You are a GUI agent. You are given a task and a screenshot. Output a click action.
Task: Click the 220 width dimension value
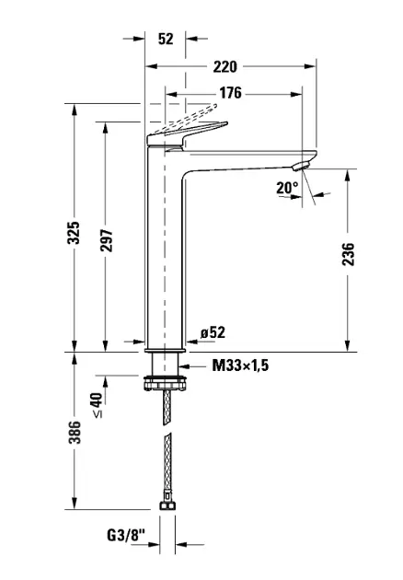(225, 67)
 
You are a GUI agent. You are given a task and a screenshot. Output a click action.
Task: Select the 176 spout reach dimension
(230, 93)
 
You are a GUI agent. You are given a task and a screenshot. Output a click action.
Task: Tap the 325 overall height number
(74, 232)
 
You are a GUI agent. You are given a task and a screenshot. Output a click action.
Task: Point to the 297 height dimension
(106, 240)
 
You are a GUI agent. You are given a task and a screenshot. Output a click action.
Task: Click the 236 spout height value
(348, 254)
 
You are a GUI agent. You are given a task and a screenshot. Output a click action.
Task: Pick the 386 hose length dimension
(74, 432)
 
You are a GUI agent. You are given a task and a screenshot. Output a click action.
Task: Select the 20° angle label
(287, 189)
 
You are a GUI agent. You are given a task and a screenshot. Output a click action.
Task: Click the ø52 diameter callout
(213, 332)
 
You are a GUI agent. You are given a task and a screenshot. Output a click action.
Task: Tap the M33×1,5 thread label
(240, 365)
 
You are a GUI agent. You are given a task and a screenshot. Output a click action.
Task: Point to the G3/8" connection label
(126, 535)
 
